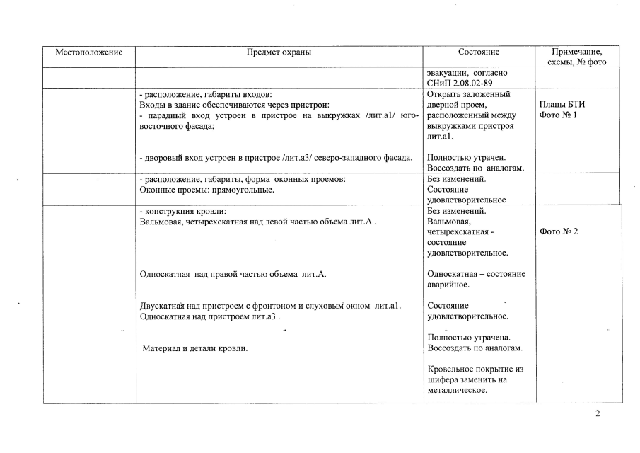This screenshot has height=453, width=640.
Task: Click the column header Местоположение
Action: pos(89,52)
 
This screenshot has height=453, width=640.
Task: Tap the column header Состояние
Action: pos(478,52)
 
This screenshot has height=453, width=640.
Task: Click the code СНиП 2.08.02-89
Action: pos(459,84)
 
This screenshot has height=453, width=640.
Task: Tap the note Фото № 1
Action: pos(558,115)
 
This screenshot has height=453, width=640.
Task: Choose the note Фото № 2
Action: pos(559,231)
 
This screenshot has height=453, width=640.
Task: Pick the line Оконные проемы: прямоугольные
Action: pos(207,190)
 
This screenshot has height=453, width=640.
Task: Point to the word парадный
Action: pos(165,115)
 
